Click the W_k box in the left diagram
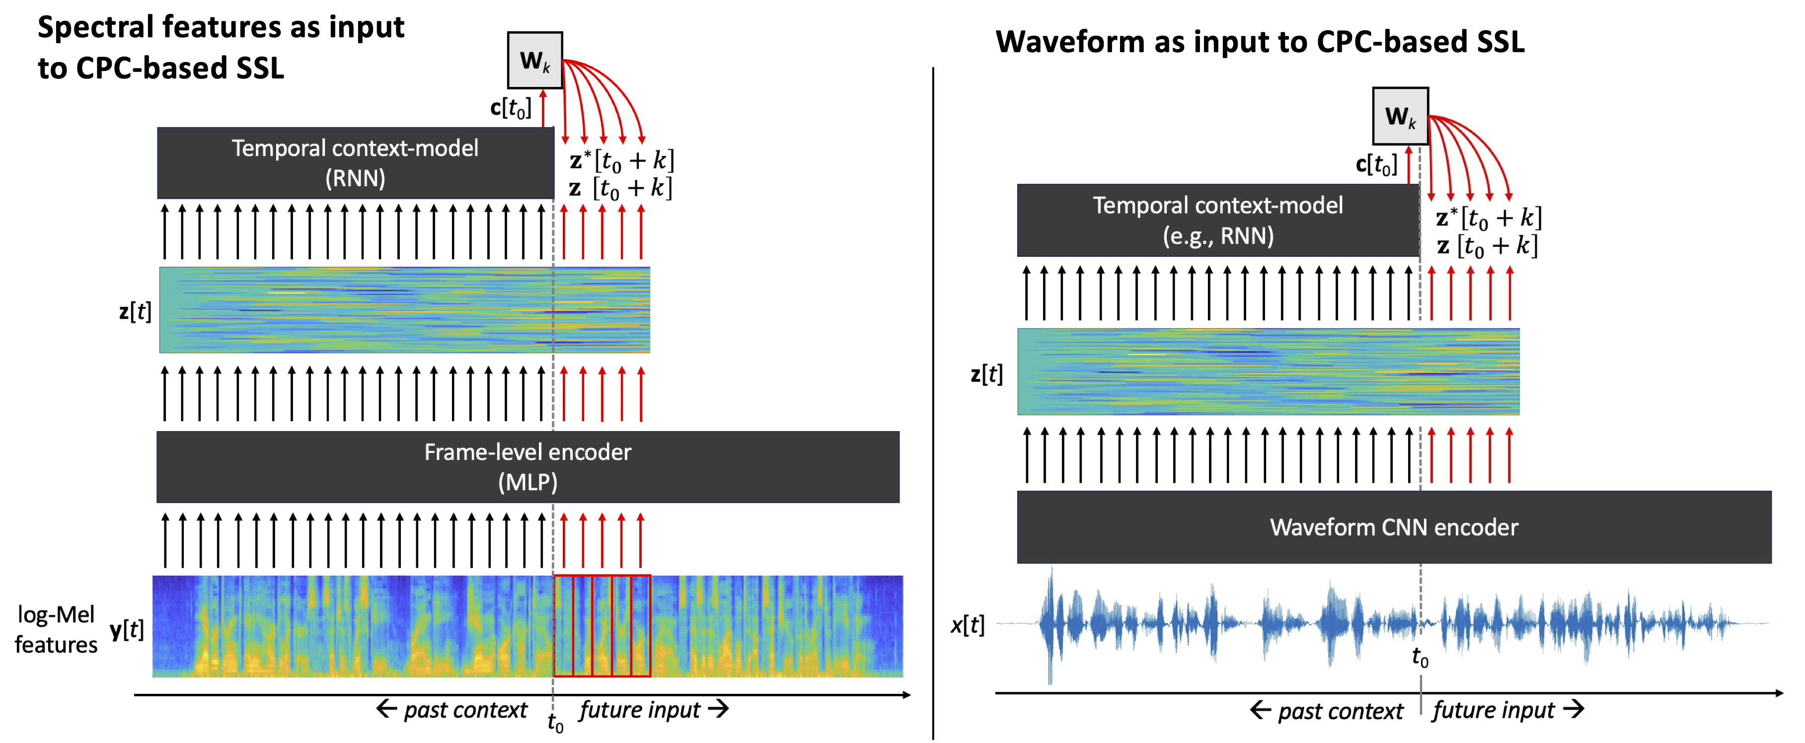click(534, 60)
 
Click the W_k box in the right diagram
click(1399, 116)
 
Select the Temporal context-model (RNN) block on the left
click(355, 162)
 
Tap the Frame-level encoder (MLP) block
click(527, 466)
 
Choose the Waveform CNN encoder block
click(1394, 527)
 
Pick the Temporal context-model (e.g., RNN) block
click(1218, 220)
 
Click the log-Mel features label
click(56, 629)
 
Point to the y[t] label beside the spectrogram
click(127, 629)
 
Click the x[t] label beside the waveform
click(968, 624)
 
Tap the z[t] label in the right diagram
click(986, 373)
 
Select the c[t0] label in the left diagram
click(511, 108)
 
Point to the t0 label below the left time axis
click(555, 722)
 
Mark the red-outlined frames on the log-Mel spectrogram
click(602, 626)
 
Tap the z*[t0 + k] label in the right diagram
click(1488, 218)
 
